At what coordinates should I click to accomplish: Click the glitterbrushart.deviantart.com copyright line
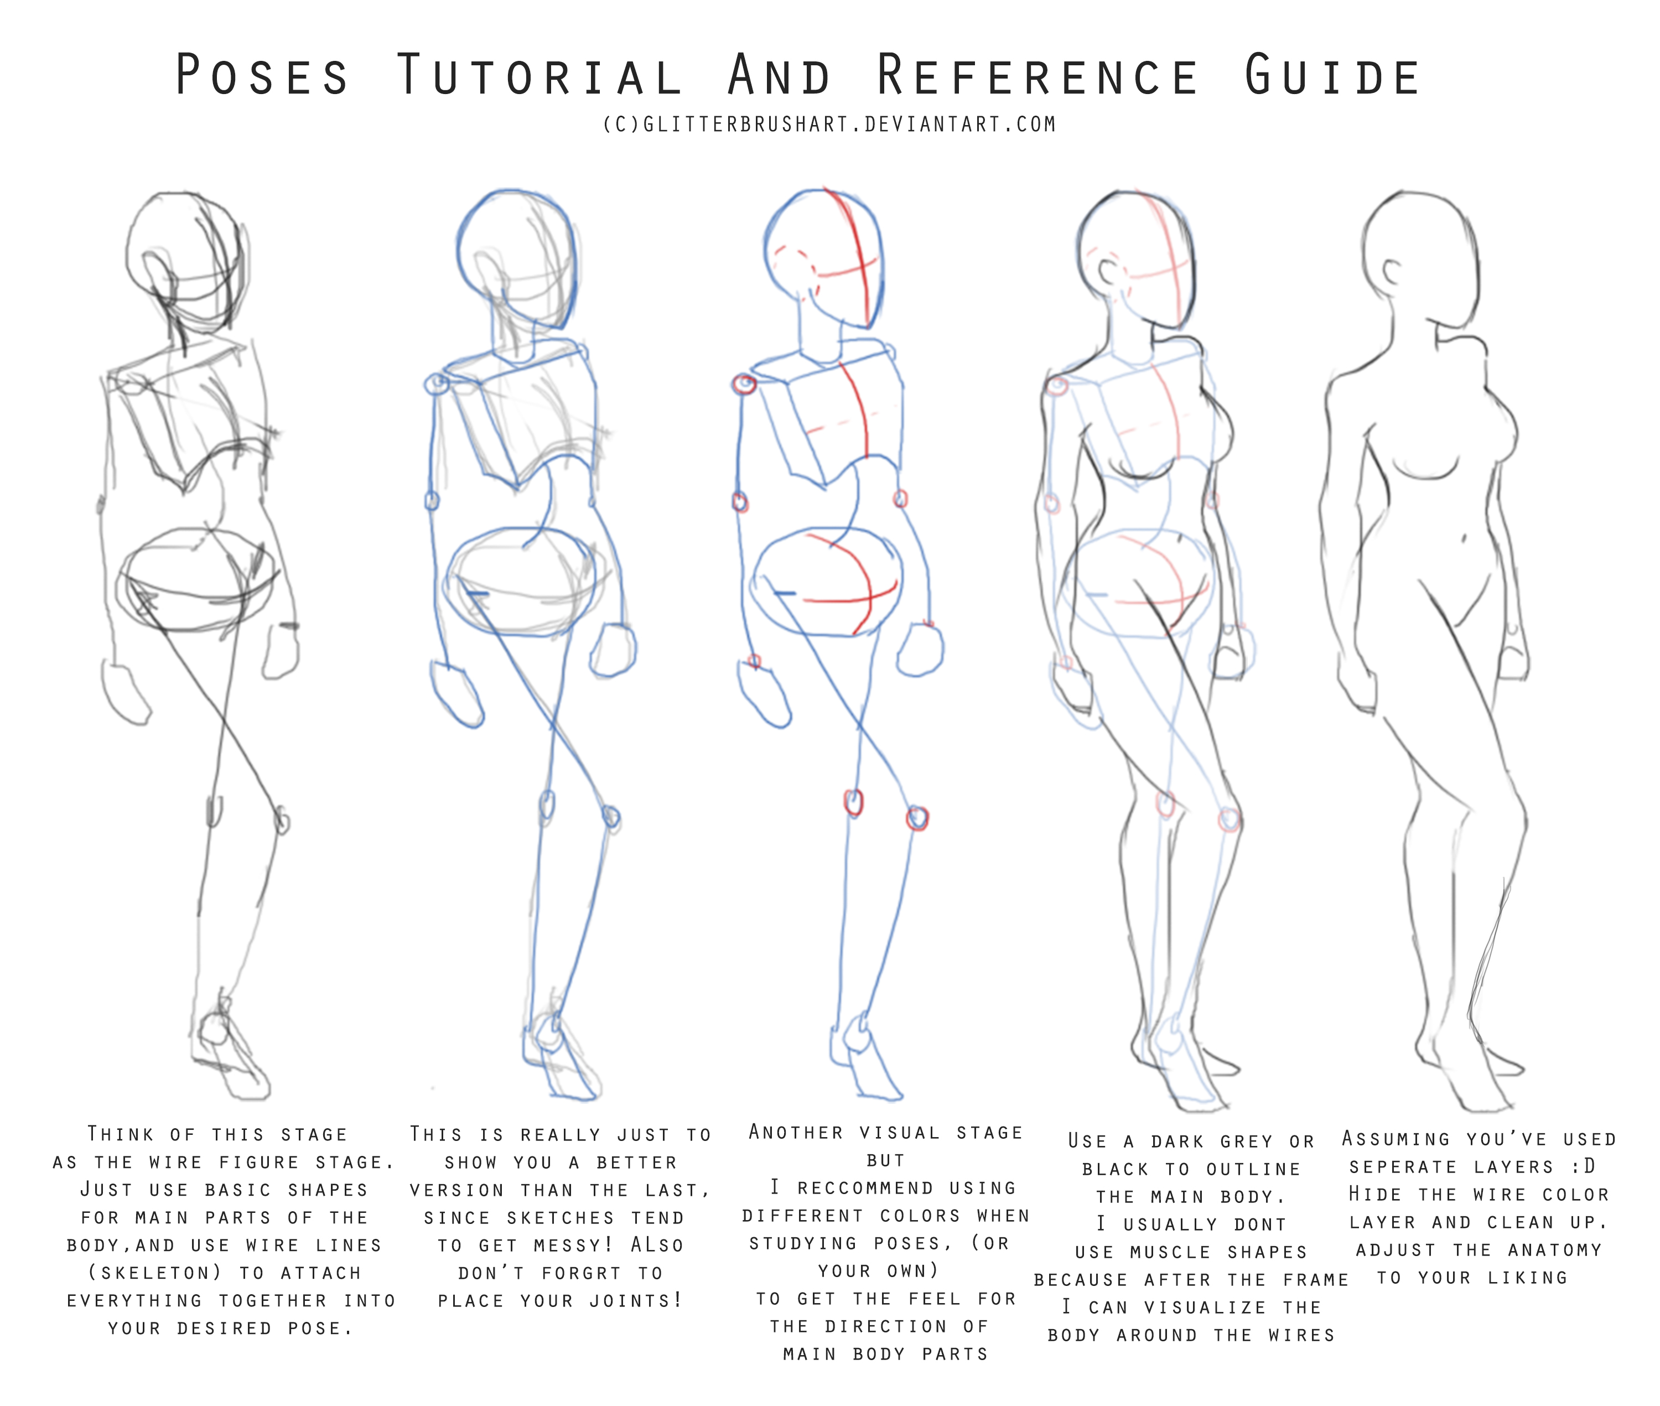pos(829,124)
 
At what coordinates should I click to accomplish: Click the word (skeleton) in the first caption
pos(156,1273)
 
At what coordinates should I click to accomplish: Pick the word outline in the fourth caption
pos(1253,1169)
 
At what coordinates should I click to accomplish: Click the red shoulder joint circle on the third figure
pos(744,384)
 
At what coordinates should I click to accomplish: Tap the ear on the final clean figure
pos(1392,273)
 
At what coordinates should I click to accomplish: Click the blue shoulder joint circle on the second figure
pos(438,384)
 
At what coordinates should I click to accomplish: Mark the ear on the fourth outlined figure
pos(1108,273)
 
